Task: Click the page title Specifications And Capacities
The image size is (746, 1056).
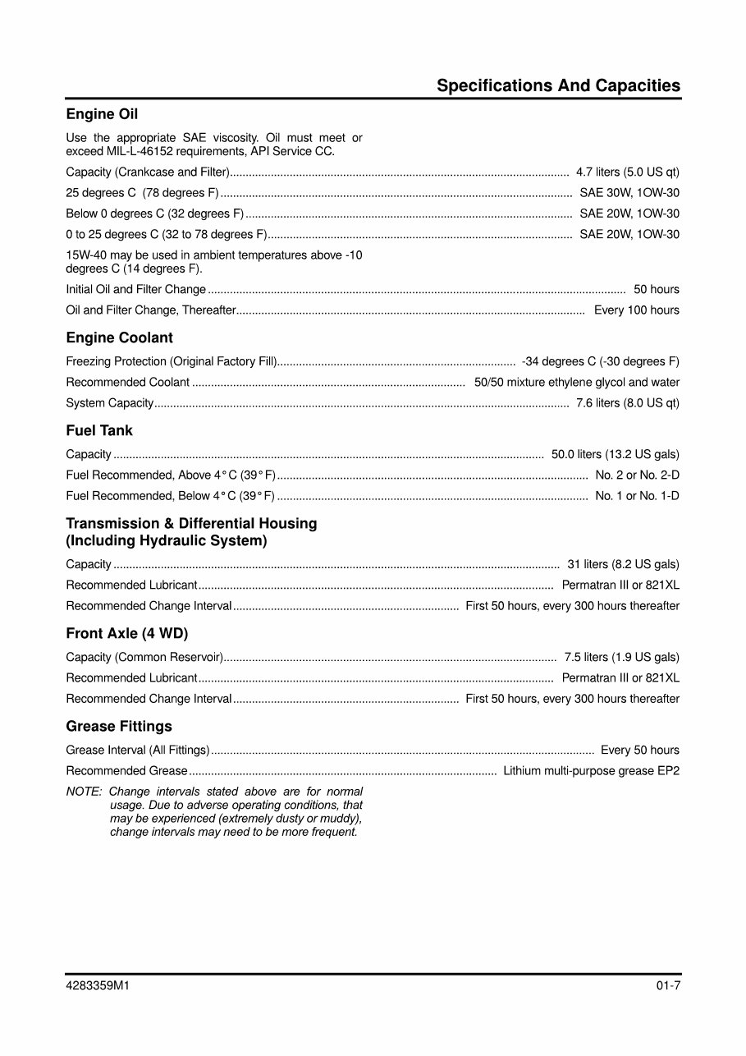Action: tap(558, 85)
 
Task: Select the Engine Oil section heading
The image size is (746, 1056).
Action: tap(102, 114)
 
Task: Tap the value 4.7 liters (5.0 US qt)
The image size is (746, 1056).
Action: tap(627, 172)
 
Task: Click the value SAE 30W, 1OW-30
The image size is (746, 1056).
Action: tap(629, 193)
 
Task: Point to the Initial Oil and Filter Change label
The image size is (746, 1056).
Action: tap(135, 289)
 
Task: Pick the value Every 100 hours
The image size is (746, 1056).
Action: tap(636, 310)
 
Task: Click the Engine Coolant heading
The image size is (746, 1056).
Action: tap(119, 337)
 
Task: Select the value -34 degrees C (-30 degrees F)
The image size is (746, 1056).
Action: tap(600, 361)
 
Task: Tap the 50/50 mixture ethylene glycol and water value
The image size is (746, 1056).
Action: tap(576, 383)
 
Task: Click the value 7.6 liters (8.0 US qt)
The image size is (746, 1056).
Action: tap(627, 403)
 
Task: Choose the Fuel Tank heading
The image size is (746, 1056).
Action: tap(98, 430)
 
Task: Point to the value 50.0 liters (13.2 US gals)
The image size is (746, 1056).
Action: tap(615, 455)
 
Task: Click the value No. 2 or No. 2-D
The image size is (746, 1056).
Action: tap(637, 475)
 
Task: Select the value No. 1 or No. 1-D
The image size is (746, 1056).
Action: tap(637, 496)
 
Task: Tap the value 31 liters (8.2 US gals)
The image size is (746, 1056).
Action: tap(623, 564)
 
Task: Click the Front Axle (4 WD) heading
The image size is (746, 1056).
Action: tap(126, 633)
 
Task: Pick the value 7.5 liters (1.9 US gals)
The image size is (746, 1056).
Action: tap(621, 657)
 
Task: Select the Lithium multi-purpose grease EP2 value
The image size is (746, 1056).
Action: tap(591, 771)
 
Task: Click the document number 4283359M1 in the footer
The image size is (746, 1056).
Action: tap(98, 987)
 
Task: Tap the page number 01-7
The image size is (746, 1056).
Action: tap(667, 987)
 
